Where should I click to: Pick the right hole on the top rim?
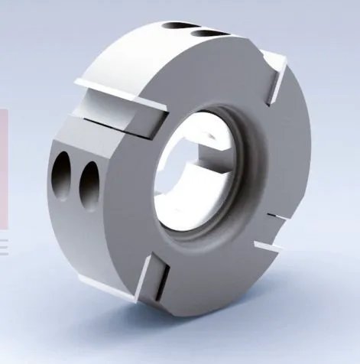pos(206,33)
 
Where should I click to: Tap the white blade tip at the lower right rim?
pos(268,246)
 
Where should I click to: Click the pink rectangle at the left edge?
pos(3,168)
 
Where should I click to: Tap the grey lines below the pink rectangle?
pos(3,245)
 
